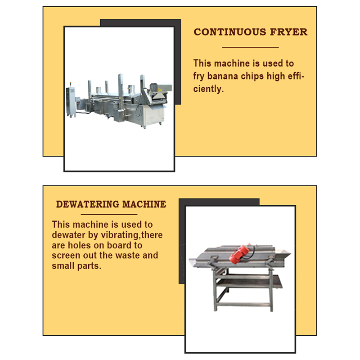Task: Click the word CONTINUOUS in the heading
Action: (x=230, y=32)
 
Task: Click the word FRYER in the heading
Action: (x=288, y=32)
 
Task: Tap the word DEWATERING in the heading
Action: (x=87, y=204)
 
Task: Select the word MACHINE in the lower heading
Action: (x=144, y=204)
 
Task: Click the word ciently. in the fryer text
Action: (x=208, y=89)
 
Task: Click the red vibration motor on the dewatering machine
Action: (x=240, y=254)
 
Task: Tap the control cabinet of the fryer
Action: (x=71, y=102)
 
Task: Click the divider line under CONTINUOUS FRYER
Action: (x=250, y=47)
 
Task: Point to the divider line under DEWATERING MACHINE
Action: (x=109, y=215)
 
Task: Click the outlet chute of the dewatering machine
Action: (x=283, y=254)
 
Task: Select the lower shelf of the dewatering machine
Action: (x=249, y=282)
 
